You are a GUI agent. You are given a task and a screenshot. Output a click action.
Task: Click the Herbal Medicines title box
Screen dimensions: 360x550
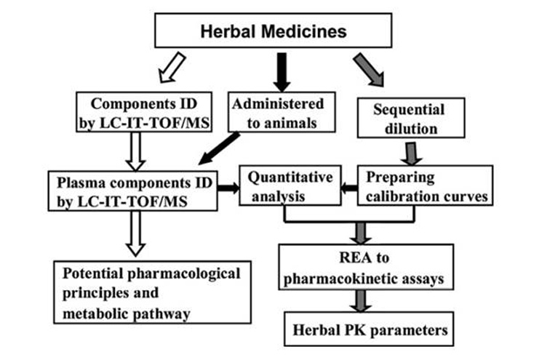click(274, 32)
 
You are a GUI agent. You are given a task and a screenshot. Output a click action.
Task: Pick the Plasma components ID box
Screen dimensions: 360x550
click(133, 191)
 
